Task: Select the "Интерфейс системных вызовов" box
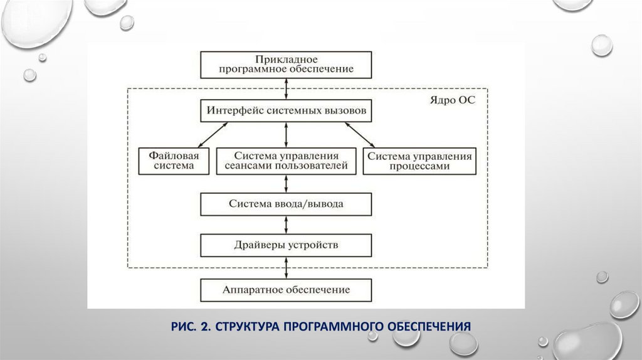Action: [x=286, y=111]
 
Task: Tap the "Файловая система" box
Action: [x=174, y=161]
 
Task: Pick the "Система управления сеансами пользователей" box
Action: [x=286, y=161]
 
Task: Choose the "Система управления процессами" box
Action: [x=418, y=161]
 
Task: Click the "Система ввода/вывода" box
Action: [x=286, y=204]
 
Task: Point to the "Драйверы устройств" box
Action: [x=286, y=244]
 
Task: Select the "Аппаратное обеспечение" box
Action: [x=286, y=290]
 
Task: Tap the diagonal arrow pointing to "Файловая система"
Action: [x=206, y=134]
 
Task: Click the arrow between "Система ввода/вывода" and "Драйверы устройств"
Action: [x=287, y=224]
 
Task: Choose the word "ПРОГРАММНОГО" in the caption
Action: [x=328, y=326]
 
